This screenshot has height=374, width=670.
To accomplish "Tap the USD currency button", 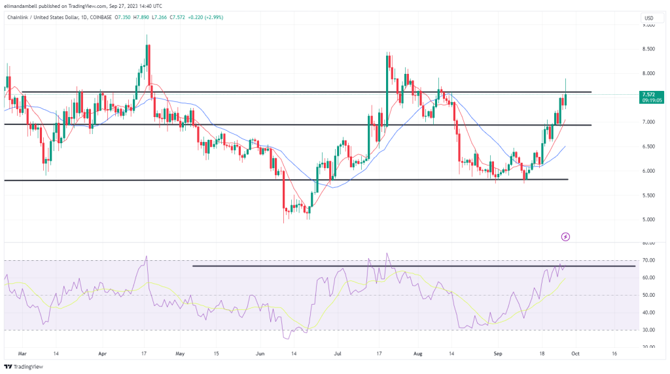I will pos(649,18).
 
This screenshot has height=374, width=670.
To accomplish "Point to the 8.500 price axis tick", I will pos(649,49).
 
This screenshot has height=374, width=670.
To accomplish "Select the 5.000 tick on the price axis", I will pos(649,220).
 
